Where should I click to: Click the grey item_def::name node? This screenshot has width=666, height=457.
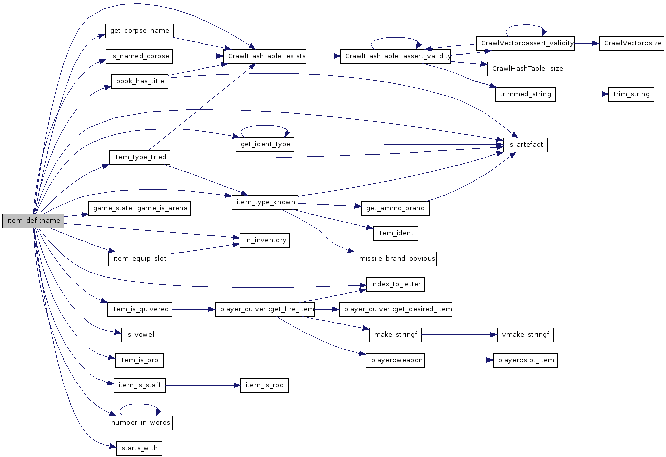click(33, 221)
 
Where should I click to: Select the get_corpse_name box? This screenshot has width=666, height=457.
click(140, 31)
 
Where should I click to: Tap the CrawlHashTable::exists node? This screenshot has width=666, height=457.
click(266, 56)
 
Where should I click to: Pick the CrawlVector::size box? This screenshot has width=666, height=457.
click(633, 43)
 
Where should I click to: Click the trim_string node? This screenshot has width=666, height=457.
click(631, 94)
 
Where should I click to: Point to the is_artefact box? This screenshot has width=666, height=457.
click(525, 145)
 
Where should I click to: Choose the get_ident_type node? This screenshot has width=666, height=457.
click(265, 144)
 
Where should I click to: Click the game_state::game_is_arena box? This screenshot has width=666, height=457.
click(139, 208)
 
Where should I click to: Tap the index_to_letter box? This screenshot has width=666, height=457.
click(396, 284)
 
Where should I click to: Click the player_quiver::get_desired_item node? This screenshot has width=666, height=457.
click(396, 309)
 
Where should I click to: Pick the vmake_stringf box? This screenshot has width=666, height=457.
click(525, 335)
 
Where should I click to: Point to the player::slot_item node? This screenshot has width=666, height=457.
click(525, 360)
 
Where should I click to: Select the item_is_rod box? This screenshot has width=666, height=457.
click(264, 385)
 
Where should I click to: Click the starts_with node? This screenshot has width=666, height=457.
click(139, 448)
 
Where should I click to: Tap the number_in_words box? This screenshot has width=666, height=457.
click(140, 423)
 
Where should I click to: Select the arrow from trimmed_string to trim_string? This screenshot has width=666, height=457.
click(582, 94)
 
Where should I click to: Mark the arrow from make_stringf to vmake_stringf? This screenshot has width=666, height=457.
click(459, 335)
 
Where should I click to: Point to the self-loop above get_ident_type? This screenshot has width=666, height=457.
click(265, 127)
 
